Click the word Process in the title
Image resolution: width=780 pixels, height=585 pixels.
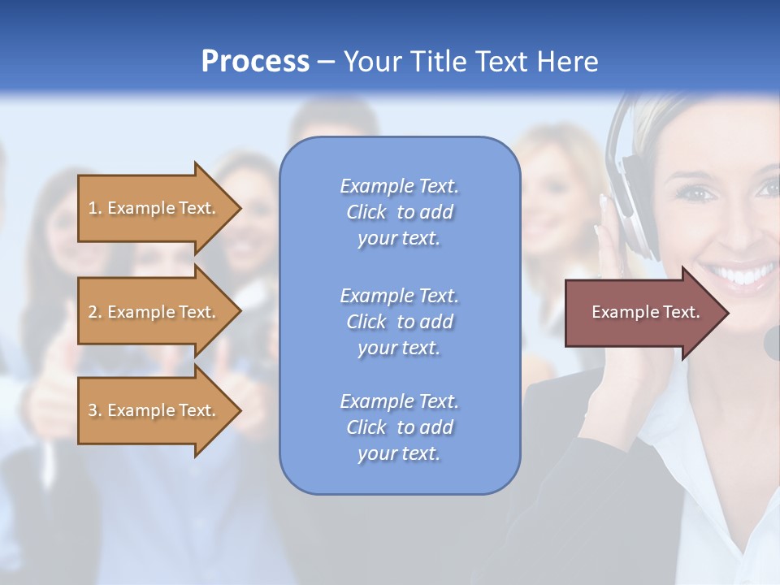255,62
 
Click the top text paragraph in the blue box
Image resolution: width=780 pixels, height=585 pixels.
399,212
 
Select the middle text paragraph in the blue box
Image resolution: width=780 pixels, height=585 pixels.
399,322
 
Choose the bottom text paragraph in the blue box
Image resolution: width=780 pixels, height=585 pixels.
399,427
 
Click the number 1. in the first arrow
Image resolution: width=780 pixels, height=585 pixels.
95,208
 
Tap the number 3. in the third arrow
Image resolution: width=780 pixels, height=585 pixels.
95,410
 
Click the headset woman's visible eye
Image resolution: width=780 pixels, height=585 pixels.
695,194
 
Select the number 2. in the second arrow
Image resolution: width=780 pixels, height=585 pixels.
95,312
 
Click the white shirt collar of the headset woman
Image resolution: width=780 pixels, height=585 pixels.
707,455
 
